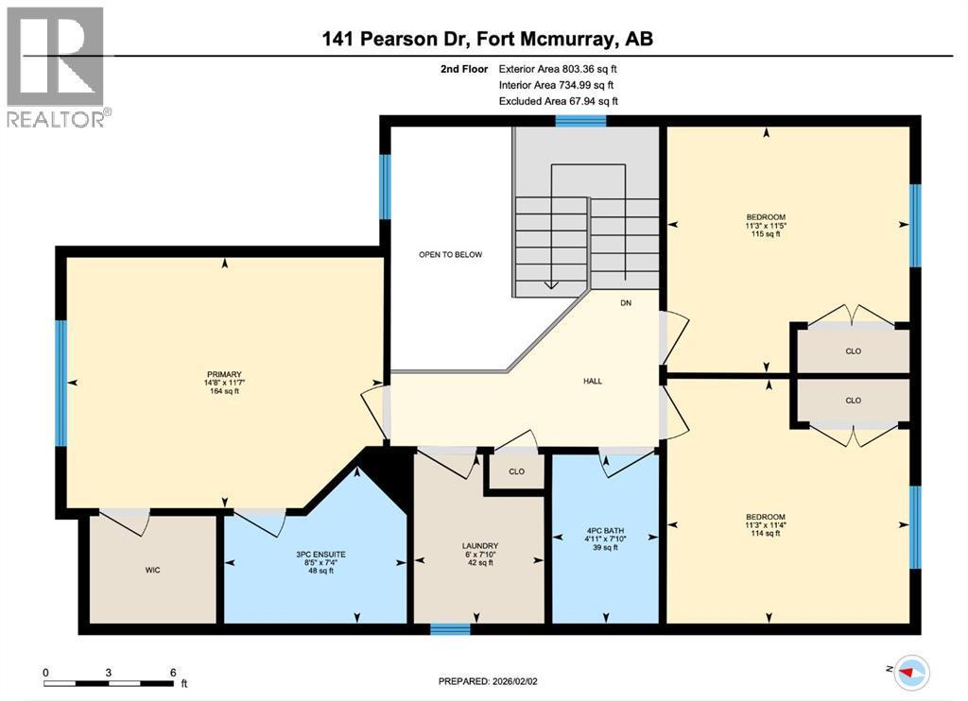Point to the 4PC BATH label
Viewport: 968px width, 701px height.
[604, 530]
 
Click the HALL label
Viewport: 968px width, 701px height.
[593, 381]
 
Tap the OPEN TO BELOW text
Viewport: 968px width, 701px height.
[451, 255]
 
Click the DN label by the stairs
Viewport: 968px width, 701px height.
[626, 303]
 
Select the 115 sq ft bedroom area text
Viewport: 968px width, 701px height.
[766, 234]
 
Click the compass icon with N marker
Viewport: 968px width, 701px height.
[910, 671]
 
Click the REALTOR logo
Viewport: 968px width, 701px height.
[56, 66]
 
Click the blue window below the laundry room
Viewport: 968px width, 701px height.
[450, 629]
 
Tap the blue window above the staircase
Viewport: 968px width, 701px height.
[580, 120]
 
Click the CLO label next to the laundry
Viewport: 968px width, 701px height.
[516, 471]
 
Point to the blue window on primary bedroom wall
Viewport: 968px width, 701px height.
[61, 383]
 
